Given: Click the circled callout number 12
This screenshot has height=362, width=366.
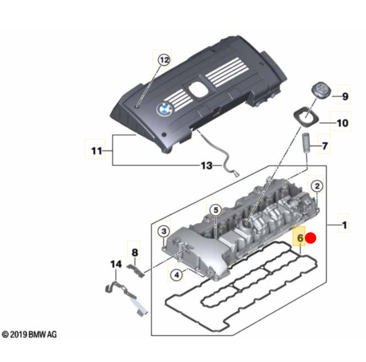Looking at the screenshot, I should (164, 60).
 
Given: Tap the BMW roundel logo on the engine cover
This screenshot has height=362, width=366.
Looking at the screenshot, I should (164, 109).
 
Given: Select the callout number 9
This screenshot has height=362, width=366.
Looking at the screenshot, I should (345, 96).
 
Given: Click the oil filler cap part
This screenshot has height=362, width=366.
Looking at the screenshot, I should (321, 90).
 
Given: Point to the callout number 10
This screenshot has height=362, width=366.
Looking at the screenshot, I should (342, 123).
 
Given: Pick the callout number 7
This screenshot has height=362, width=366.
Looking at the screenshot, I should (325, 146).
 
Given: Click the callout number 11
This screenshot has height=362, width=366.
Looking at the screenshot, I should (97, 151).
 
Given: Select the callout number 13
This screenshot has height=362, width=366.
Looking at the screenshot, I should (207, 166).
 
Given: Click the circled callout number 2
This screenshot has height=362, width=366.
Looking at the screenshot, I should (317, 186).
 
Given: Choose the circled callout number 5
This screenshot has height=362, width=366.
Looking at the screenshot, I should (216, 210).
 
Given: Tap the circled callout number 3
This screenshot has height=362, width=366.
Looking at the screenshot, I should (164, 231).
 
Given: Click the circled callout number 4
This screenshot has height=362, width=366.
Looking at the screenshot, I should (177, 275).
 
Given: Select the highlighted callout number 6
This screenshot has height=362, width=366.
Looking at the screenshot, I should (300, 238).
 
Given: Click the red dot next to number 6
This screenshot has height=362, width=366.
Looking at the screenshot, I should (311, 238).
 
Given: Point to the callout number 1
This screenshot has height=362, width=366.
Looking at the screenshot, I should (344, 225).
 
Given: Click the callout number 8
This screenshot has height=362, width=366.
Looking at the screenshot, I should (134, 252).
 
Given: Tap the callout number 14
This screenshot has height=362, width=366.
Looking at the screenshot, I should (116, 264).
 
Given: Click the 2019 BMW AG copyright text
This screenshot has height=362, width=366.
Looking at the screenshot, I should (29, 335).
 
